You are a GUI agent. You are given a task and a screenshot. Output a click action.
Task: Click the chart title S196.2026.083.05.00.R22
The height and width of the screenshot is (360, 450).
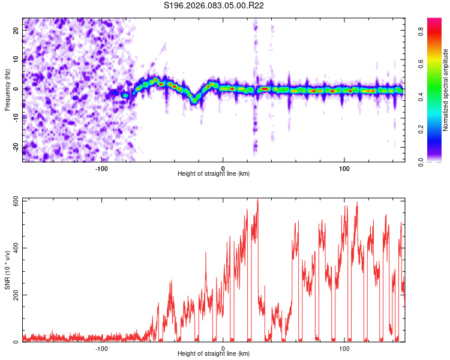click(214, 6)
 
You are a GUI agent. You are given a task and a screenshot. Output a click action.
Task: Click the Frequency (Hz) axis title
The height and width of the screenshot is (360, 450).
click(8, 89)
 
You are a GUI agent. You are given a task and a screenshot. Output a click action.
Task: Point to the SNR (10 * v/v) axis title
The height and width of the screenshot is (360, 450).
click(8, 269)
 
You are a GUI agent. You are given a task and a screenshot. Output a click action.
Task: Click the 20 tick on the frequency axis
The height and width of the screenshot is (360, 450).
click(16, 31)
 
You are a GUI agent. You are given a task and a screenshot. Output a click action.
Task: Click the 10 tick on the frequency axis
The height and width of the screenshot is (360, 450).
click(16, 60)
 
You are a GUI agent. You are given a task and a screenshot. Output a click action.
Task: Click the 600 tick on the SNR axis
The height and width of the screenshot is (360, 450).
click(16, 201)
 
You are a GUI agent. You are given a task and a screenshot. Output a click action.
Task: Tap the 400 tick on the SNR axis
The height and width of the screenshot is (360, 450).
click(16, 248)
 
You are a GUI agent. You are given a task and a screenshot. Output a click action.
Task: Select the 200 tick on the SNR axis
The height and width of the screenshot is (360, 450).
click(16, 295)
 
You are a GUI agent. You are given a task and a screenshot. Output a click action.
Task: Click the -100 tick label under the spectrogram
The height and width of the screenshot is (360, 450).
click(101, 168)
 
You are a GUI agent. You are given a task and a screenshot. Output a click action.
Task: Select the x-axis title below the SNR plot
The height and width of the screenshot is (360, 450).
click(214, 354)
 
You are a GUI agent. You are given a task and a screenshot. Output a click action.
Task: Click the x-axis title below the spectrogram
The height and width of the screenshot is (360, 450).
click(214, 174)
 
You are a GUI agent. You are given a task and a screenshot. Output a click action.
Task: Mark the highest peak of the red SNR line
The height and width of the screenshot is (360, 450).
click(257, 200)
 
